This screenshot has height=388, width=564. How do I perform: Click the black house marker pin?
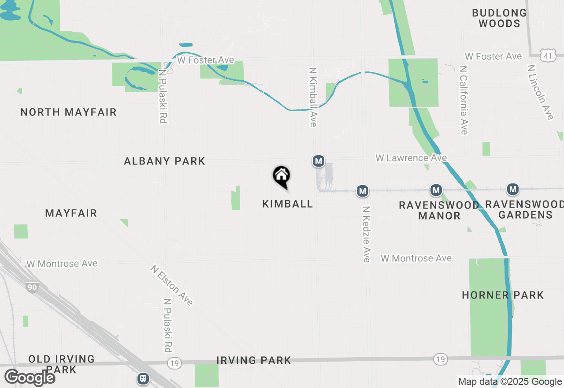(x=281, y=176)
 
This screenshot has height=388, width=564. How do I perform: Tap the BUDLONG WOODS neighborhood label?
(x=499, y=19)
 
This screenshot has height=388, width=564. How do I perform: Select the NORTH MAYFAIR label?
(x=68, y=112)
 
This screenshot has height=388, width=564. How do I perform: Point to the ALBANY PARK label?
(x=164, y=161)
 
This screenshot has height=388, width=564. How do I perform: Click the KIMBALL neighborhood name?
(x=288, y=204)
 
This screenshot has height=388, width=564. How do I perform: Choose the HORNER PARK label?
(x=503, y=295)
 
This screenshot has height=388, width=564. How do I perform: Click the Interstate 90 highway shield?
(x=31, y=287)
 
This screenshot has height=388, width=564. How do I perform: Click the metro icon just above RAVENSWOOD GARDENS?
(x=512, y=190)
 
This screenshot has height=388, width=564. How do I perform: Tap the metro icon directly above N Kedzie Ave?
(x=362, y=191)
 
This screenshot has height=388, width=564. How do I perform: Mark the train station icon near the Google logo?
(x=143, y=379)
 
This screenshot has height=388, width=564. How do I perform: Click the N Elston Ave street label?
(x=171, y=285)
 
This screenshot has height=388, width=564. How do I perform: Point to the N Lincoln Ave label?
(x=540, y=92)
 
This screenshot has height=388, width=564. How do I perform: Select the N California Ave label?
(x=463, y=101)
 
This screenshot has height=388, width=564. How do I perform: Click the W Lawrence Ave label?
(x=411, y=158)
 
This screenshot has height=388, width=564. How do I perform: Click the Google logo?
(x=30, y=378)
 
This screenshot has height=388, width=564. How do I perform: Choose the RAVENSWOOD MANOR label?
(x=439, y=210)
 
